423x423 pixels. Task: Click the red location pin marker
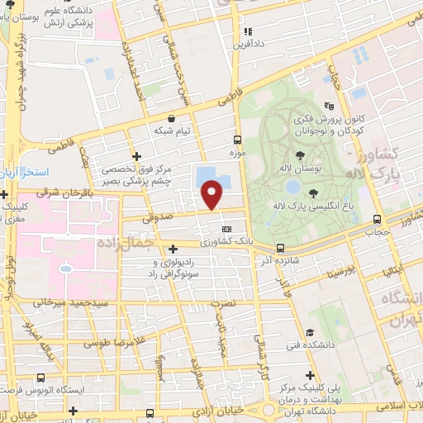[x=212, y=195]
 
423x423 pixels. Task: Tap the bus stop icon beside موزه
[x=237, y=140]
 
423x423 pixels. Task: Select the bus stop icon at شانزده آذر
[x=280, y=247]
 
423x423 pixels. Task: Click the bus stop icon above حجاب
[x=377, y=219]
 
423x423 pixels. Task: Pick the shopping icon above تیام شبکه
[x=171, y=118]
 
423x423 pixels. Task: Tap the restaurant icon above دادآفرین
[x=246, y=32]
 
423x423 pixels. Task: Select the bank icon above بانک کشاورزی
[x=226, y=229]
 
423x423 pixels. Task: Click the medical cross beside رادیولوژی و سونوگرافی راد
[x=173, y=248]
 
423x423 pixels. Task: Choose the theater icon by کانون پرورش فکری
[x=329, y=106]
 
